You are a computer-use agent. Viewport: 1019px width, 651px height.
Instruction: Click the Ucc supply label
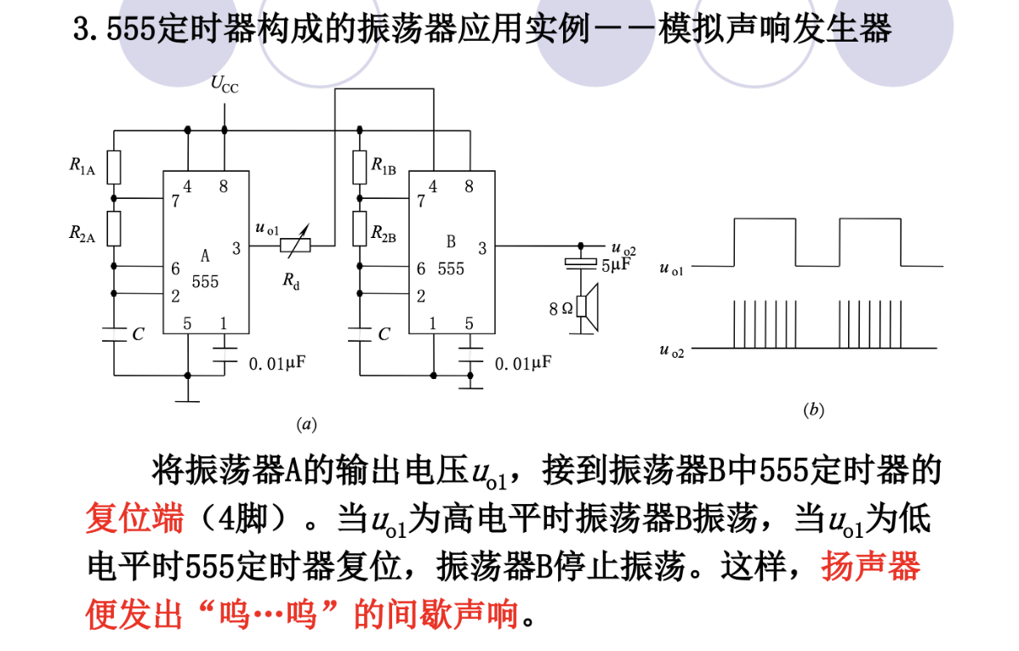[x=225, y=84]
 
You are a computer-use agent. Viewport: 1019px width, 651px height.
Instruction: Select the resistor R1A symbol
[x=114, y=167]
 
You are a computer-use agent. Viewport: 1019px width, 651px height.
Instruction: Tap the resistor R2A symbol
[x=114, y=228]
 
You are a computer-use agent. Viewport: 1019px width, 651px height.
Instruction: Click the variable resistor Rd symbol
[x=295, y=246]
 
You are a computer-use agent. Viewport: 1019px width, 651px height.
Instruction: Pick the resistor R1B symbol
[x=360, y=167]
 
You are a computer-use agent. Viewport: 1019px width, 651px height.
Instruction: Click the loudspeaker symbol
[x=588, y=307]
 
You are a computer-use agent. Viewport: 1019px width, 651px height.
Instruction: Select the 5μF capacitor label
[x=617, y=265]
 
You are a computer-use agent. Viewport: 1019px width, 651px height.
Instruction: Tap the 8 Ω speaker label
[x=561, y=309]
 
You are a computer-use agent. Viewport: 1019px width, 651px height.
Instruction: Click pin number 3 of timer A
[x=236, y=249]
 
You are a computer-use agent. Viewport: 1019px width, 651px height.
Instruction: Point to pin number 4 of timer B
[x=433, y=187]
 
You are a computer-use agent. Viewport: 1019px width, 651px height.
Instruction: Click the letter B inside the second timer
[x=452, y=242]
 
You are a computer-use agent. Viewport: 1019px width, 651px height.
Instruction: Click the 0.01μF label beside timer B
[x=522, y=364]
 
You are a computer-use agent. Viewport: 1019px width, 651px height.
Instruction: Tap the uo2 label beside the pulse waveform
[x=671, y=350]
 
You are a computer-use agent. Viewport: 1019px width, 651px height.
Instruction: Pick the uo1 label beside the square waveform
[x=671, y=269]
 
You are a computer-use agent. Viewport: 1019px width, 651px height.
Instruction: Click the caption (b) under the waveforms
[x=813, y=410]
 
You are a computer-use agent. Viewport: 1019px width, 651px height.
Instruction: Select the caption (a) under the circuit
[x=305, y=422]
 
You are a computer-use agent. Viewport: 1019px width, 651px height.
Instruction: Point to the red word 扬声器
[x=870, y=565]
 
